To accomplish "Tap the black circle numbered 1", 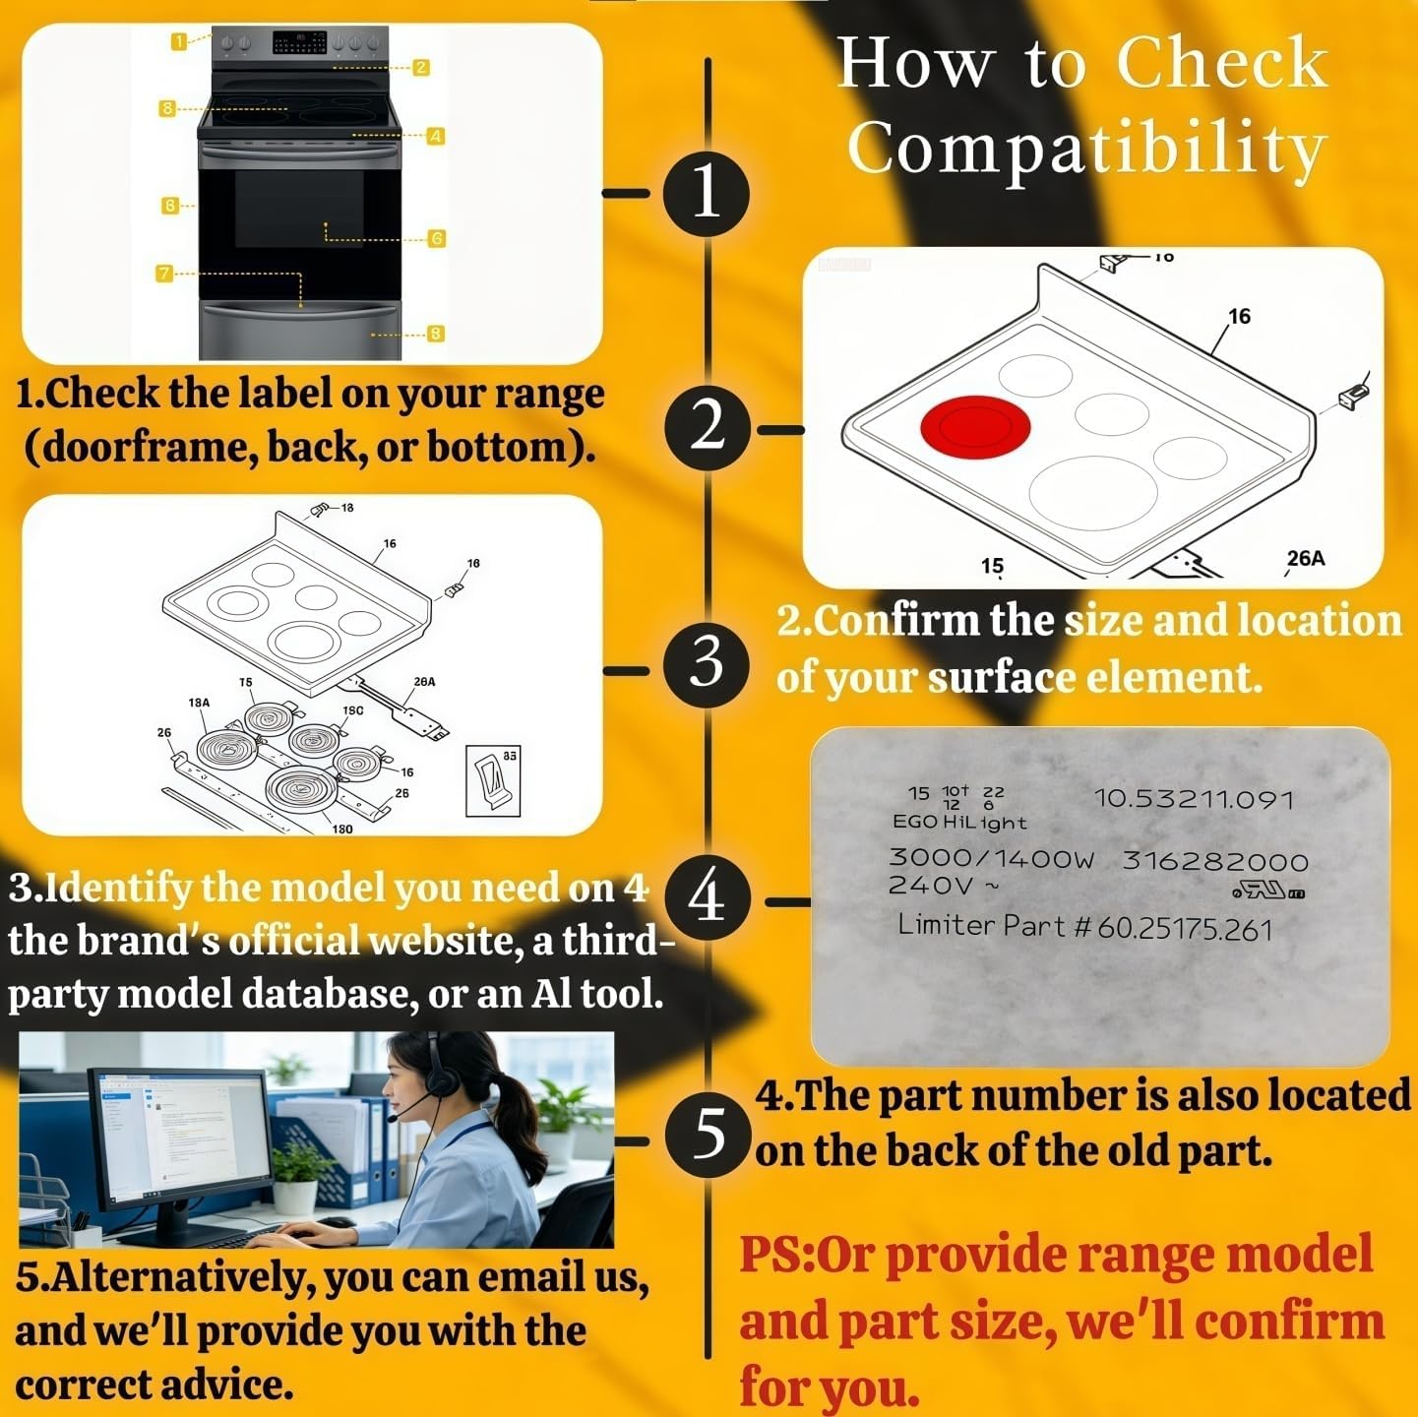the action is point(707,194).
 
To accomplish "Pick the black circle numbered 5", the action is point(708,1135).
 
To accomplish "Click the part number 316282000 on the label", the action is point(1215,861).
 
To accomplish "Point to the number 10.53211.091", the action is point(1194,799).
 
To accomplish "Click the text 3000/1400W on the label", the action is point(991,858).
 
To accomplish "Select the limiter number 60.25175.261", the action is point(1185,930).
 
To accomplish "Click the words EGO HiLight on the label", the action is point(958,823).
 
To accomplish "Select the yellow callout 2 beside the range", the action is point(421,68).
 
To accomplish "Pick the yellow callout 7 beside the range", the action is point(164,274).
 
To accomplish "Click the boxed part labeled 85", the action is point(493,781).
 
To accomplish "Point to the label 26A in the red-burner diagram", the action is point(1306,559).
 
